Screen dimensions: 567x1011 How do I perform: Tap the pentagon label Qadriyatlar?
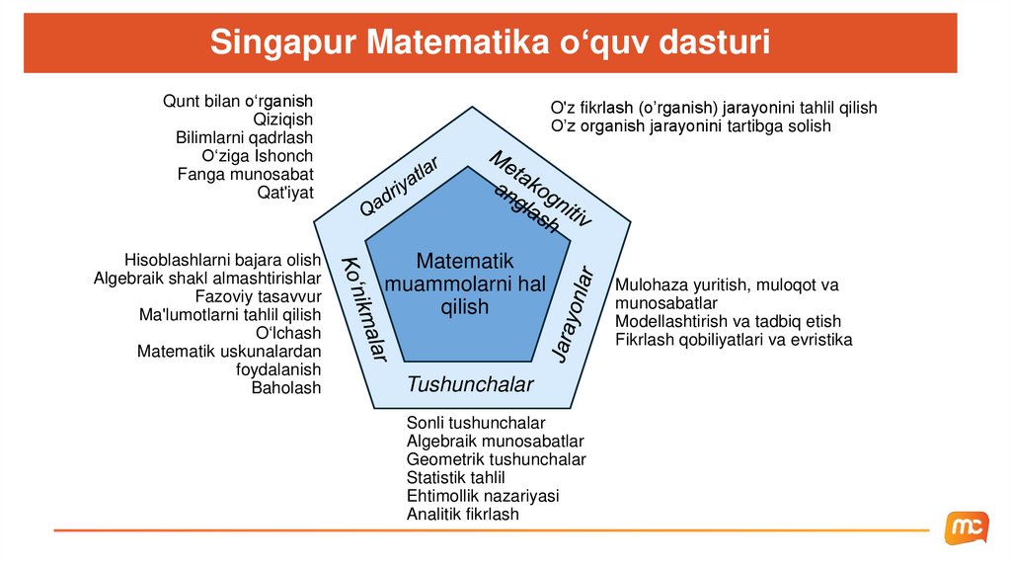(398, 187)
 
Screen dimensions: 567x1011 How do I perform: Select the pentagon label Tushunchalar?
(470, 384)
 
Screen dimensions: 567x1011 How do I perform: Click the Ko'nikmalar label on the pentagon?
(364, 307)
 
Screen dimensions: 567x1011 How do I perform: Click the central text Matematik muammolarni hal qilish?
(464, 283)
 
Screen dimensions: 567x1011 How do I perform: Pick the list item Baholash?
(286, 388)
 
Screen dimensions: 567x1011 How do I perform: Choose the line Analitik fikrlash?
(462, 515)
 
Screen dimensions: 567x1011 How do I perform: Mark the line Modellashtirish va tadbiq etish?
(728, 322)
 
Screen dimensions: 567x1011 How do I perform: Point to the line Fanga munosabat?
(245, 175)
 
